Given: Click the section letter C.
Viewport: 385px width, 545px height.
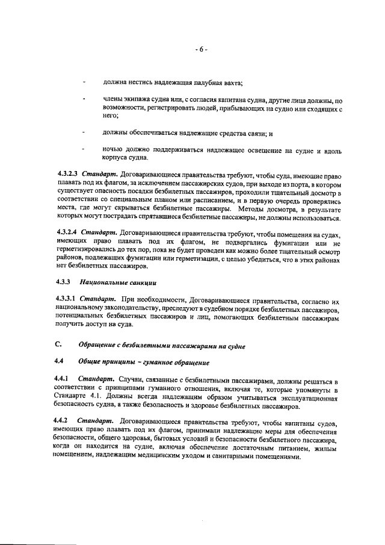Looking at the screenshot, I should click(58, 345).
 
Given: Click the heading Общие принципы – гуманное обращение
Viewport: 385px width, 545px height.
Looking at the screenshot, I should click(144, 362).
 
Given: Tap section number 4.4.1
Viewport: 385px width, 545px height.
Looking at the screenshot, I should click(63, 379).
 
